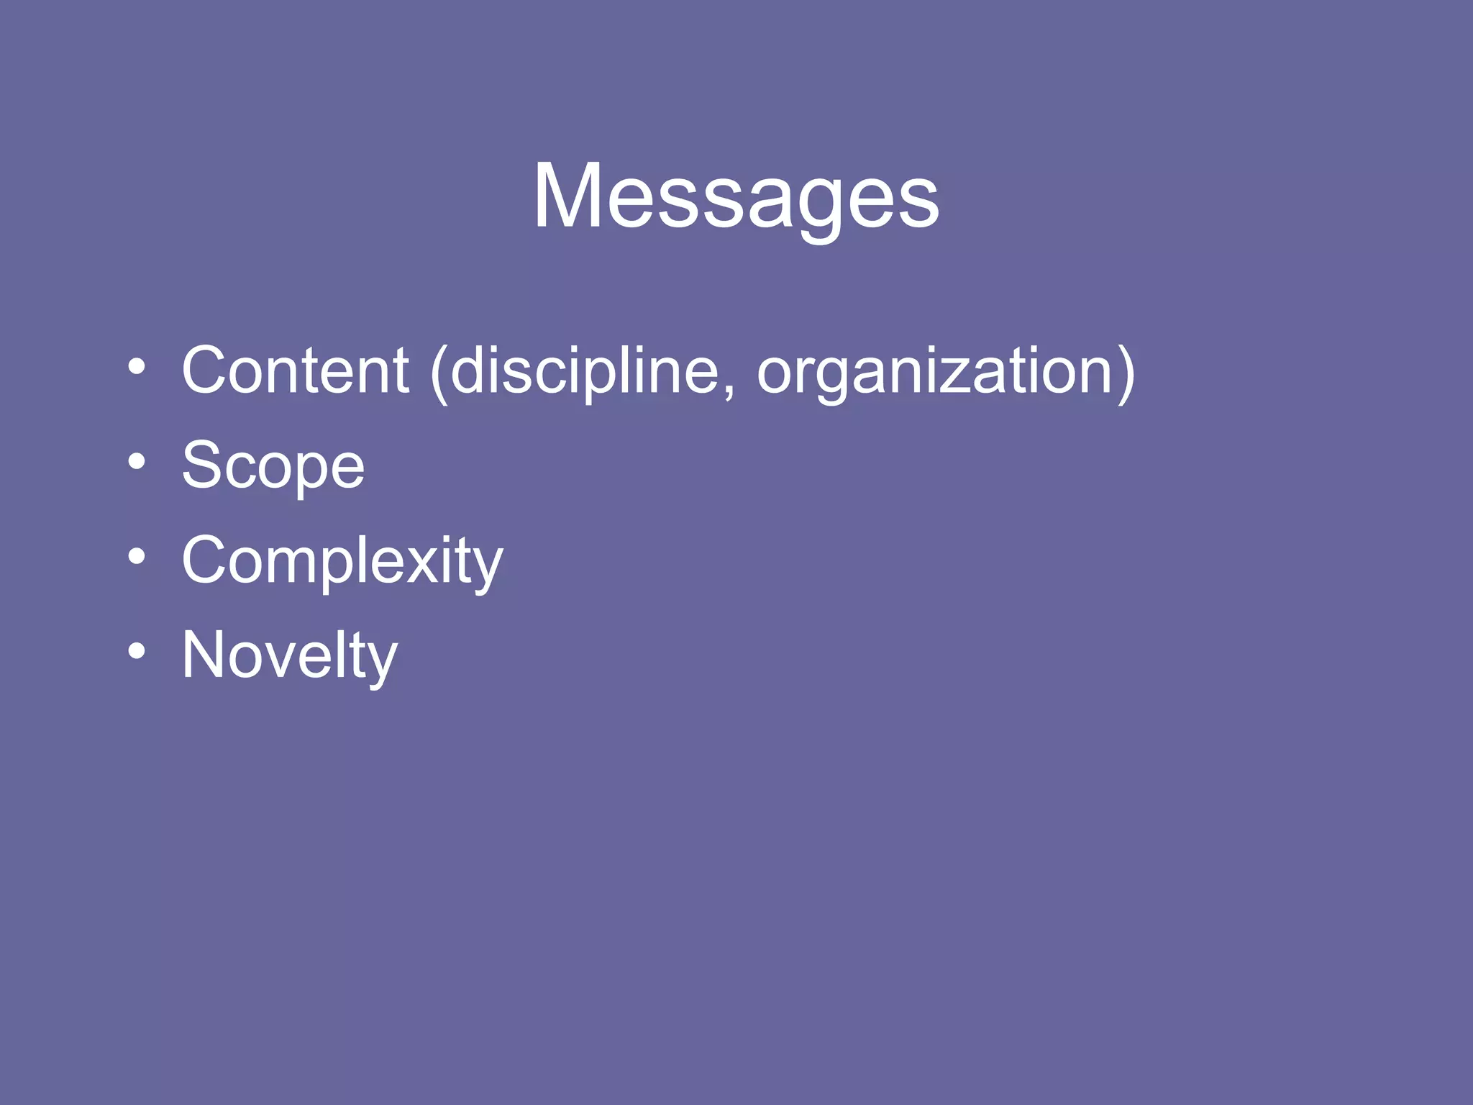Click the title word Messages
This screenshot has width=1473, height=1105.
point(735,196)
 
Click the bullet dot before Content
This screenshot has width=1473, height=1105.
point(137,367)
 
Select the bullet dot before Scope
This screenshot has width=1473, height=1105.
point(137,462)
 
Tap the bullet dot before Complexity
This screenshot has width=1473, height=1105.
point(137,557)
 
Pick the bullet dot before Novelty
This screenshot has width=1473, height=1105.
point(137,652)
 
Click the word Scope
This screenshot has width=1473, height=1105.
point(273,466)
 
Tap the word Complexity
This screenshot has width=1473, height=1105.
point(342,561)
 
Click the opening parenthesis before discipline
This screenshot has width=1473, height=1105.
point(439,373)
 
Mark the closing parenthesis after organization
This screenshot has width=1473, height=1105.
point(1126,373)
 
